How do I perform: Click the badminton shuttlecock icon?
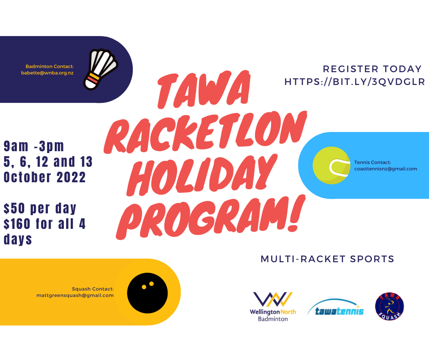click(100, 69)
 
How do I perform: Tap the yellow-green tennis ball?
click(331, 165)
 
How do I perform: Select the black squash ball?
click(147, 293)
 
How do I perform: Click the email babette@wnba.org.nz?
click(47, 73)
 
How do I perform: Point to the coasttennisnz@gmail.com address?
click(386, 169)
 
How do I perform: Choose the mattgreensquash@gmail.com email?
click(75, 295)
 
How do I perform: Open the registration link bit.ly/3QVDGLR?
click(355, 82)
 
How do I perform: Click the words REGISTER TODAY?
click(372, 69)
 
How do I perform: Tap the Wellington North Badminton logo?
click(273, 307)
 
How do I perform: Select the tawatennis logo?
click(336, 307)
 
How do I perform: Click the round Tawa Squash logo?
click(389, 306)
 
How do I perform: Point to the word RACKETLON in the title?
click(205, 132)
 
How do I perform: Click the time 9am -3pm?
click(34, 146)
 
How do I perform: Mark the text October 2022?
click(45, 177)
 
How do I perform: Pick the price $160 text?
click(17, 223)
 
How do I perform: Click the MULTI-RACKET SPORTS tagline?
click(327, 259)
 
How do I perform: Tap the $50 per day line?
click(40, 208)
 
